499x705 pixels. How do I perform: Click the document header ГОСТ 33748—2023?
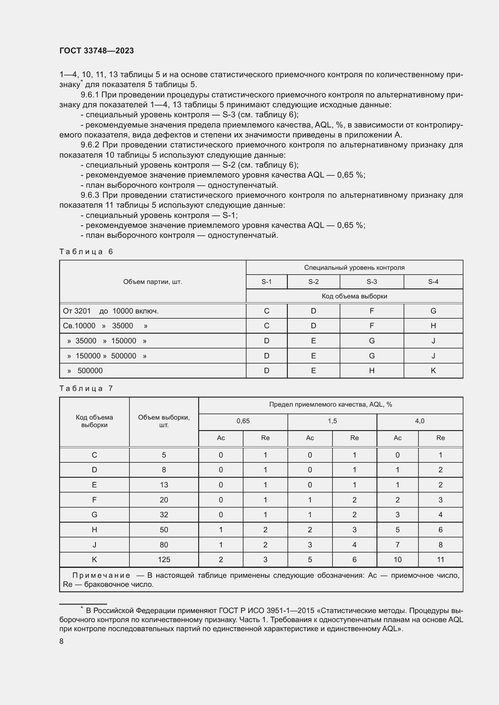97,51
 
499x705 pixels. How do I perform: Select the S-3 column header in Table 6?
371,282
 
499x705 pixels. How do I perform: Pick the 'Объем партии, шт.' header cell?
153,282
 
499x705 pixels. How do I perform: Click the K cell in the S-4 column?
433,371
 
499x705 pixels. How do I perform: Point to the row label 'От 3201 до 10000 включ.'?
111,311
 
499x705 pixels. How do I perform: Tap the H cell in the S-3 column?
371,371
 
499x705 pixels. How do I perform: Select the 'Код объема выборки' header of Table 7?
94,421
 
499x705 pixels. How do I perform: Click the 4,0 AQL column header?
419,421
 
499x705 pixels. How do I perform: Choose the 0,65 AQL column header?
243,421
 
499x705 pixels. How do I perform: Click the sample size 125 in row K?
164,559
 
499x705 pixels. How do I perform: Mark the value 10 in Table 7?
397,559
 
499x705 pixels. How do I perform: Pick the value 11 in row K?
440,559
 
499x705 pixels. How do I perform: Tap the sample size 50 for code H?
164,530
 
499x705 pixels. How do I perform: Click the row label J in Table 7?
94,545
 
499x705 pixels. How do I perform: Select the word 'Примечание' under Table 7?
101,575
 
